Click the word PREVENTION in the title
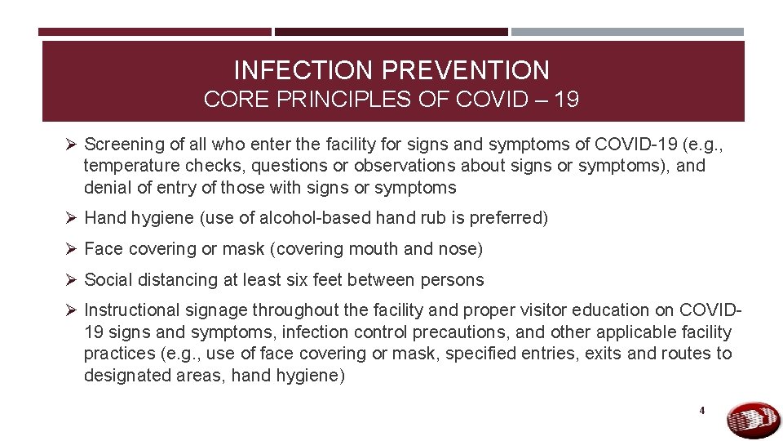tap(475, 70)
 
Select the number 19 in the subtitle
tap(565, 100)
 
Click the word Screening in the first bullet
tap(124, 145)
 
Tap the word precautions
tap(459, 332)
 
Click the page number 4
tap(701, 411)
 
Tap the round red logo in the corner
tap(753, 420)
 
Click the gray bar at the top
tap(627, 32)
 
